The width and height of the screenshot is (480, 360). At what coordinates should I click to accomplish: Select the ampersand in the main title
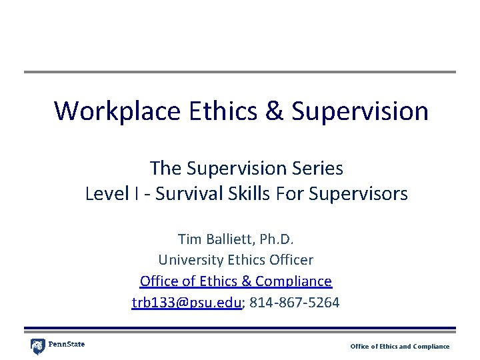pyautogui.click(x=275, y=111)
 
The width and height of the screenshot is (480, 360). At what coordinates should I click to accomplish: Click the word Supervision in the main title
pyautogui.click(x=360, y=111)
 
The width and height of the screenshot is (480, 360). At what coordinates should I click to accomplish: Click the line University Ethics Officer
pyautogui.click(x=235, y=259)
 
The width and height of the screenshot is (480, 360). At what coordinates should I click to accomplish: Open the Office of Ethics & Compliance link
pyautogui.click(x=235, y=281)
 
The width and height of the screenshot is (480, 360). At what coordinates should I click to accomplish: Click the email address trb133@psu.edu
pyautogui.click(x=187, y=302)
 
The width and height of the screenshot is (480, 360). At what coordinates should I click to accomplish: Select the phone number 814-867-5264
pyautogui.click(x=295, y=302)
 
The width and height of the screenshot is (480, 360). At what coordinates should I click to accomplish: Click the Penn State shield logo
pyautogui.click(x=37, y=346)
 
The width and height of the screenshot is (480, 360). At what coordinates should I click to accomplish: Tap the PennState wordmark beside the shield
pyautogui.click(x=67, y=345)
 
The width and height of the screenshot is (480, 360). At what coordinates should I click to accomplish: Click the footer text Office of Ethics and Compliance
pyautogui.click(x=400, y=346)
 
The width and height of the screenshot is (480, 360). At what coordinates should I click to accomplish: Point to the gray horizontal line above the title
pyautogui.click(x=240, y=72)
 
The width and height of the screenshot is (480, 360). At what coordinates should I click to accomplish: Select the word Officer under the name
pyautogui.click(x=289, y=259)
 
